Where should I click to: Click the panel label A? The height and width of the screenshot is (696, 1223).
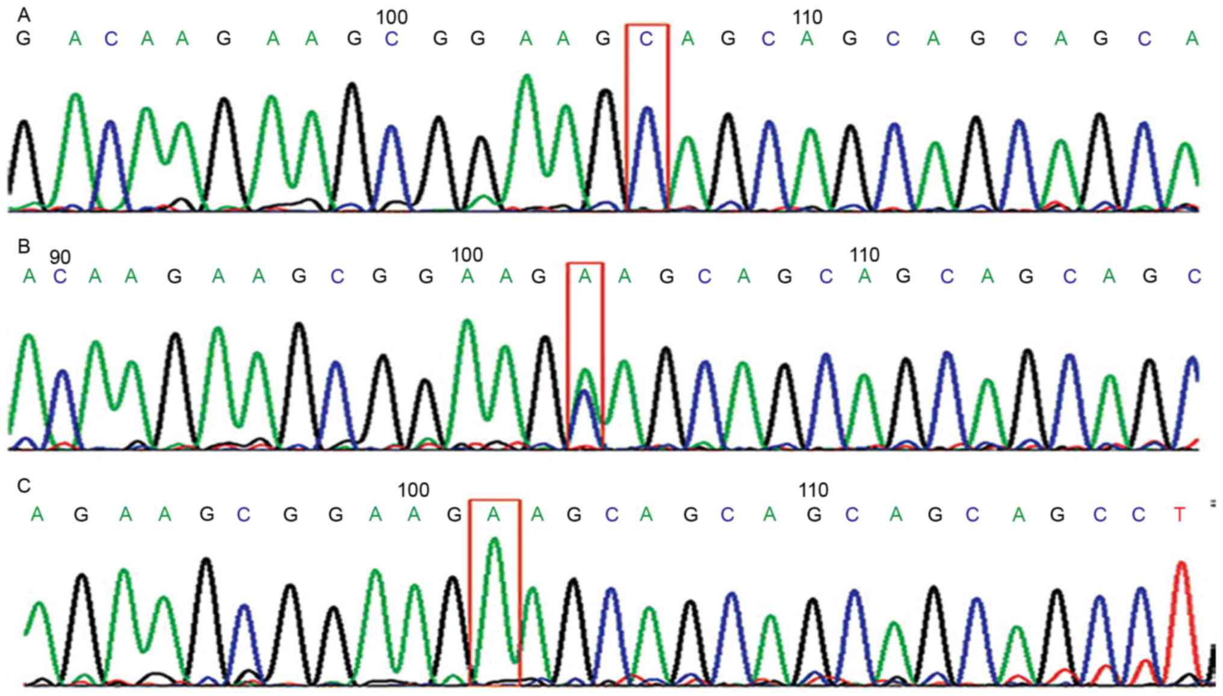[23, 14]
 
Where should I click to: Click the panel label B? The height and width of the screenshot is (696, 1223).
[23, 246]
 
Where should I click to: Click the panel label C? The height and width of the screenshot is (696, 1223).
[23, 485]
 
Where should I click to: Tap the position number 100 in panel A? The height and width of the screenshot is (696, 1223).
[391, 17]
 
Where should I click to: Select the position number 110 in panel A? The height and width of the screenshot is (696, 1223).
[807, 17]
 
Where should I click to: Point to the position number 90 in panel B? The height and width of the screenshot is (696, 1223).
[60, 257]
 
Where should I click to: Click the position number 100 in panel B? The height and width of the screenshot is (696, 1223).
[467, 255]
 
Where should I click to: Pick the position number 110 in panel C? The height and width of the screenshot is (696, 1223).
[813, 490]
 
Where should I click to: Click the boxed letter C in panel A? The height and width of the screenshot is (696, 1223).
[646, 39]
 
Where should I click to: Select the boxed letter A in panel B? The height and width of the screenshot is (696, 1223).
[584, 277]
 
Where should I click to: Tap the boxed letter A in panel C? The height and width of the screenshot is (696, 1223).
[494, 514]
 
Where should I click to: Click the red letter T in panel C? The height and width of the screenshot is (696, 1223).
[1179, 515]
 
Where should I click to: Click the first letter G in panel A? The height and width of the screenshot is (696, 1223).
[23, 39]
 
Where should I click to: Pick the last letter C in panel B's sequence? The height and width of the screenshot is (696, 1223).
[1194, 277]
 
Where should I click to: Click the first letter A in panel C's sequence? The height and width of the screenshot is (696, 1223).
[37, 514]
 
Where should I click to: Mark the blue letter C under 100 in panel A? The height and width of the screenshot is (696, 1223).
[391, 39]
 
